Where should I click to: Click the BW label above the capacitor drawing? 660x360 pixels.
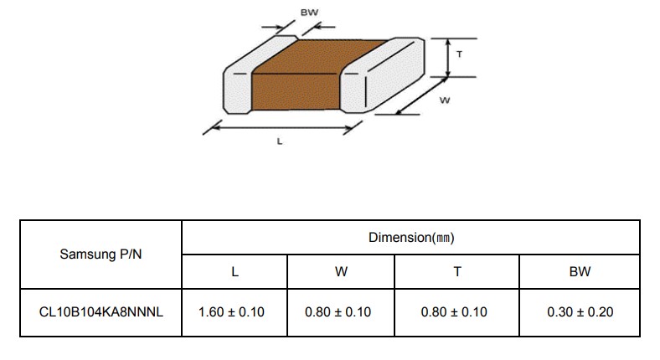(x=309, y=13)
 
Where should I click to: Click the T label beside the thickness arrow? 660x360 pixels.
(x=459, y=54)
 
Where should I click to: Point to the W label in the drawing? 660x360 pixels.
(x=445, y=100)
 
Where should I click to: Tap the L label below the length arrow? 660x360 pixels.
(x=280, y=141)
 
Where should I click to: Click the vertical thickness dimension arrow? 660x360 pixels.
(x=448, y=58)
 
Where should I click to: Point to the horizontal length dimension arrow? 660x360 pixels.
(x=282, y=127)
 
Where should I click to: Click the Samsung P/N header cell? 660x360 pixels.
(x=101, y=254)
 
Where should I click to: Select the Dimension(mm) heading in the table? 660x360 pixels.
(x=411, y=238)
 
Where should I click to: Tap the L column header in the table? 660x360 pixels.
(x=235, y=272)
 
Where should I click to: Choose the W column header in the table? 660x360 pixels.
(x=341, y=272)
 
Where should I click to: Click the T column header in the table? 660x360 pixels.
(x=457, y=272)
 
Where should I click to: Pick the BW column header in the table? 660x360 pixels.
(x=580, y=272)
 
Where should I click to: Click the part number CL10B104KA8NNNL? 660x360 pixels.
(x=101, y=312)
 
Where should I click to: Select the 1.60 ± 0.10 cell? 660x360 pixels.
(x=231, y=312)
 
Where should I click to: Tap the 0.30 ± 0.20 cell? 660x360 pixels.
(x=580, y=312)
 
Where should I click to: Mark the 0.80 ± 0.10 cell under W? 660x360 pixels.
(x=338, y=312)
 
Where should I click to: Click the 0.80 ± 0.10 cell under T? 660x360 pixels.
(x=454, y=312)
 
